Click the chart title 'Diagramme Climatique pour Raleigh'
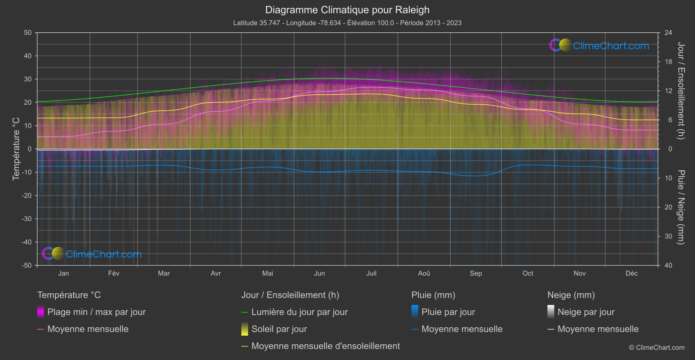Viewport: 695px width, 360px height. pyautogui.click(x=347, y=10)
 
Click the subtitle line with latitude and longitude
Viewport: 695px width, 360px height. pyautogui.click(x=347, y=23)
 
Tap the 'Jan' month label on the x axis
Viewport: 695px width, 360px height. pyautogui.click(x=64, y=273)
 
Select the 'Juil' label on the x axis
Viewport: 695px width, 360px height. pyautogui.click(x=371, y=273)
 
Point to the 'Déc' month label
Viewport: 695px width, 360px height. pyautogui.click(x=631, y=273)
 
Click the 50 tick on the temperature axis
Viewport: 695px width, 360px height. pyautogui.click(x=28, y=33)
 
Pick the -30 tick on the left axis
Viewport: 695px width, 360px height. pyautogui.click(x=27, y=219)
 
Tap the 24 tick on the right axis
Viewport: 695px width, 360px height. pyautogui.click(x=668, y=33)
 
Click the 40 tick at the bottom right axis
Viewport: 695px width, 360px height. pyautogui.click(x=668, y=265)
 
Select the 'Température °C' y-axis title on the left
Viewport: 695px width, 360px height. pyautogui.click(x=16, y=148)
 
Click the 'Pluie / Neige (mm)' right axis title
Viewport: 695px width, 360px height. pyautogui.click(x=681, y=207)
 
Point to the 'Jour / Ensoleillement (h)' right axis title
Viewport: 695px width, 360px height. pyautogui.click(x=681, y=91)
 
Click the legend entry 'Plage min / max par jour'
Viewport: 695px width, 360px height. pyautogui.click(x=96, y=312)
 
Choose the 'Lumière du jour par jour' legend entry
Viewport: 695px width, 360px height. pyautogui.click(x=299, y=312)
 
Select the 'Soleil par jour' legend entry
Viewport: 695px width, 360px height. pyautogui.click(x=279, y=329)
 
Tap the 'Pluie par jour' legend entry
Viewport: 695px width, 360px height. pyautogui.click(x=448, y=312)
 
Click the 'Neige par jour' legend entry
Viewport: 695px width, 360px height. pyautogui.click(x=586, y=312)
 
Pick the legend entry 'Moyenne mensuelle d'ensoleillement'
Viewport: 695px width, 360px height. pyautogui.click(x=325, y=346)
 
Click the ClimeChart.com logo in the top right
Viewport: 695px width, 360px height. pyautogui.click(x=599, y=45)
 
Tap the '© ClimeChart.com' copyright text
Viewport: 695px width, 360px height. pyautogui.click(x=657, y=347)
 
